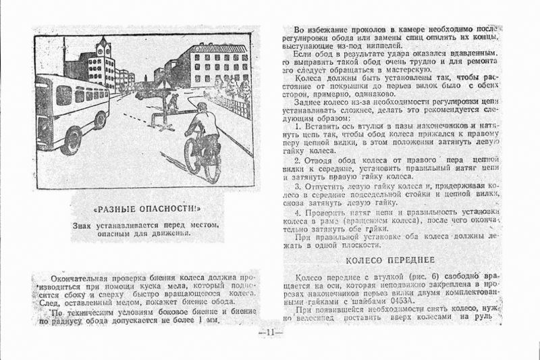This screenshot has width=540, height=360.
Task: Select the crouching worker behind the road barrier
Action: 173,102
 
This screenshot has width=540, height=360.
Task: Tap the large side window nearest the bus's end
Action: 63,94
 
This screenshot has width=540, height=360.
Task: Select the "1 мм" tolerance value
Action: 207,320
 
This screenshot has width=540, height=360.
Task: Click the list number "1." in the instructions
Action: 298,126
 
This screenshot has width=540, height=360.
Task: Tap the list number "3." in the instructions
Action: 298,185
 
